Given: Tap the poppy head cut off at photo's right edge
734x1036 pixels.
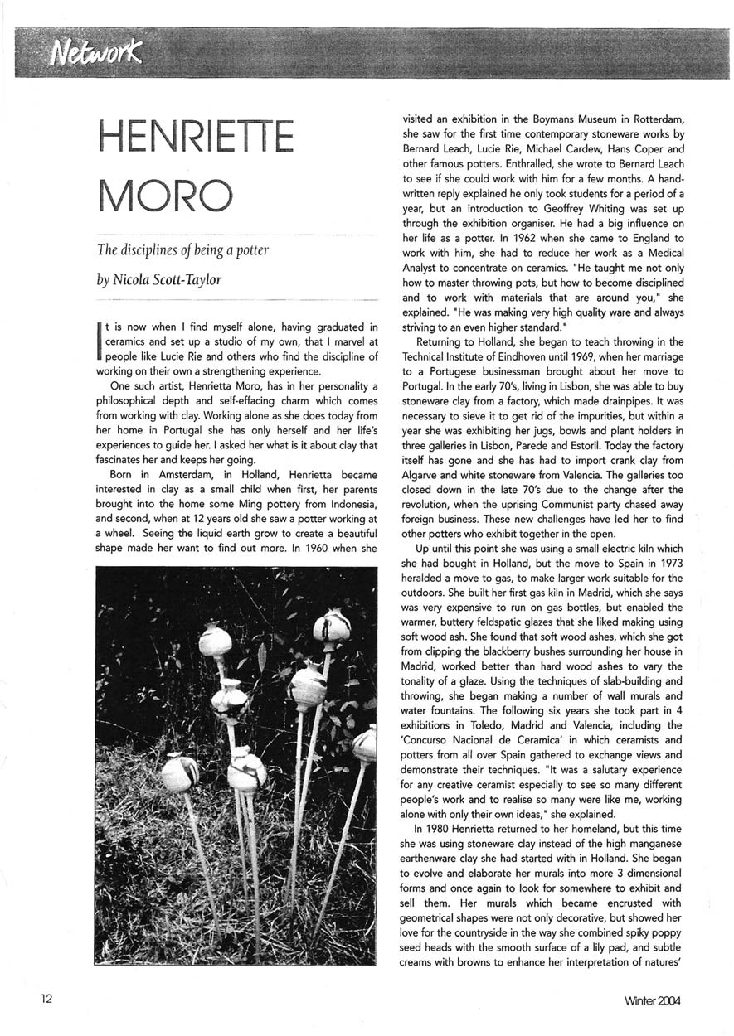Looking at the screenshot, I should (365, 743).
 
